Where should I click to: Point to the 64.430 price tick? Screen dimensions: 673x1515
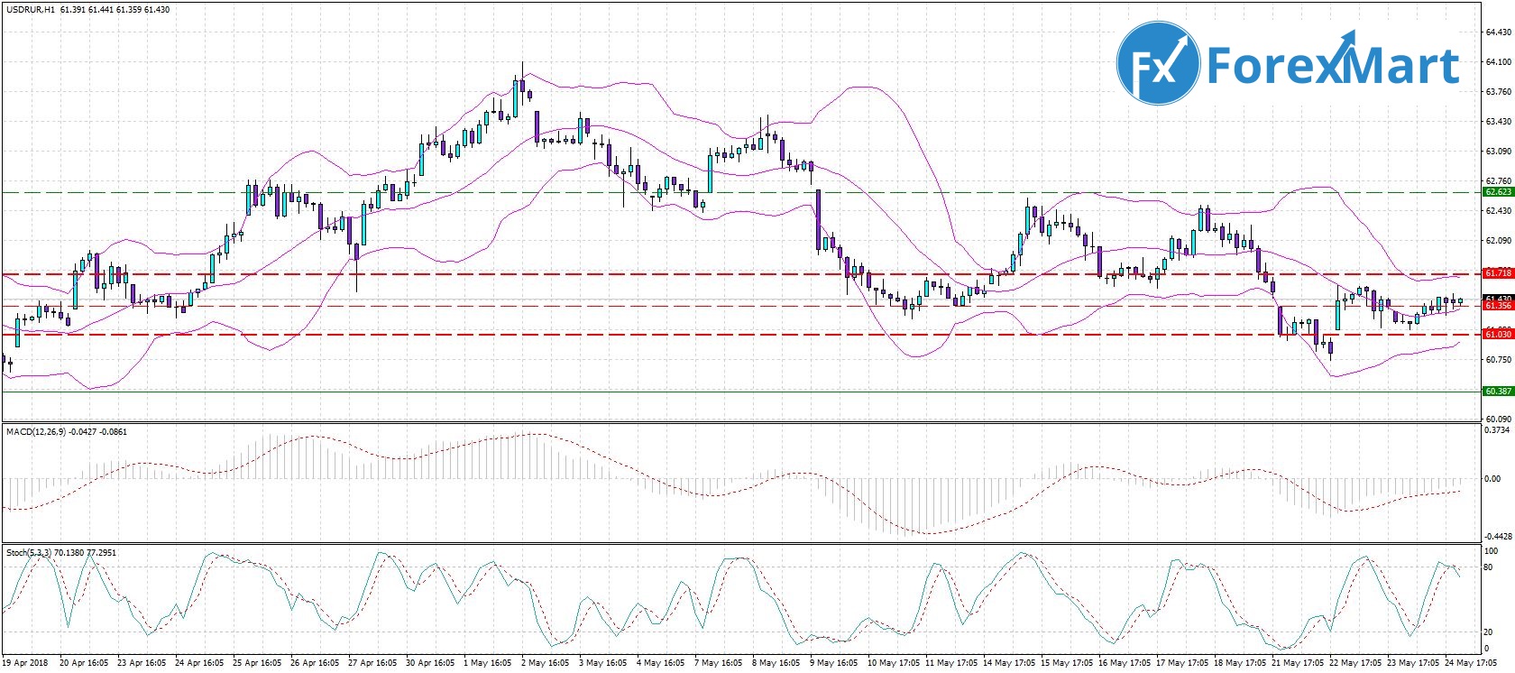tap(1498, 32)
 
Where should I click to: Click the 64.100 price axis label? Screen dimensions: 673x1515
tap(1498, 61)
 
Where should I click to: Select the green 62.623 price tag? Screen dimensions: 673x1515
tap(1498, 192)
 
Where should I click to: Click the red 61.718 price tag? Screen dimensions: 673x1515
tap(1498, 272)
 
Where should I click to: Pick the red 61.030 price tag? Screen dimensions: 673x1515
tap(1498, 335)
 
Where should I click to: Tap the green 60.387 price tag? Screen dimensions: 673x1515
tap(1498, 392)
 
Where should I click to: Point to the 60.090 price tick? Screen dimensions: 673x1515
tap(1498, 419)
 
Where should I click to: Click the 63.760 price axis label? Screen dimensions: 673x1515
tap(1498, 91)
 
